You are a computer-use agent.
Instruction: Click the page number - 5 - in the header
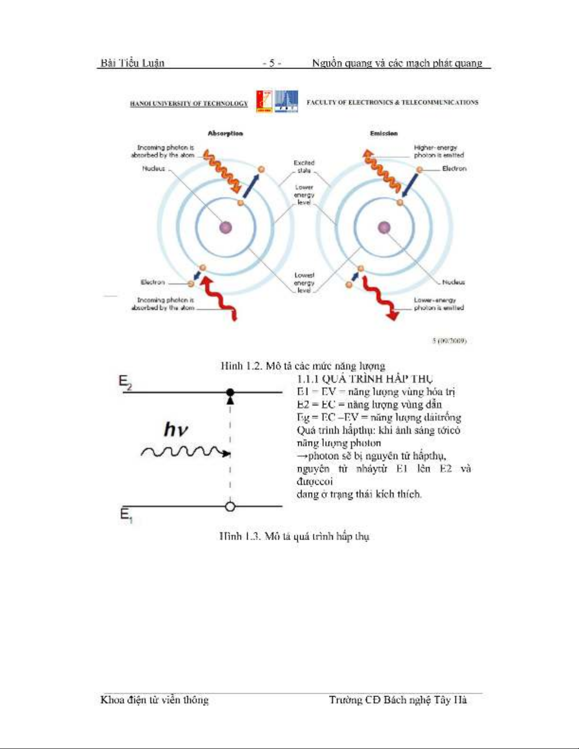point(272,63)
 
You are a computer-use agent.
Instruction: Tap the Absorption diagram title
point(225,134)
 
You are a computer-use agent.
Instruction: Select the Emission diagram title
point(383,134)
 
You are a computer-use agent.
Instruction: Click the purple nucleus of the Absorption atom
point(226,228)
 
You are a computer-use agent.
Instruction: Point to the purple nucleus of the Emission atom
point(384,228)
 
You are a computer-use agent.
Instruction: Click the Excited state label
point(304,166)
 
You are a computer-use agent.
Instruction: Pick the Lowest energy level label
point(304,283)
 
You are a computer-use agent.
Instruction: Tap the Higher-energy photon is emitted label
point(439,151)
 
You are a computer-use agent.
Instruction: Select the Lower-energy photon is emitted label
point(439,304)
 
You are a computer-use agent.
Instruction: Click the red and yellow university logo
point(264,101)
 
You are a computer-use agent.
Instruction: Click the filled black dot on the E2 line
point(230,392)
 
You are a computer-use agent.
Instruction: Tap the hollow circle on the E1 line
point(230,507)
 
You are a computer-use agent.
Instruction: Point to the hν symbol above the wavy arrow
point(176,430)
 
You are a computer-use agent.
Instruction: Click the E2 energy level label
point(125,382)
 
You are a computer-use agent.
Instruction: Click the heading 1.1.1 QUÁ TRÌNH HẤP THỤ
point(364,379)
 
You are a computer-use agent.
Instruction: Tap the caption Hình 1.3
point(294,536)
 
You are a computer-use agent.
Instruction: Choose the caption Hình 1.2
point(302,366)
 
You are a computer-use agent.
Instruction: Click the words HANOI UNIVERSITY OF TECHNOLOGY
point(189,103)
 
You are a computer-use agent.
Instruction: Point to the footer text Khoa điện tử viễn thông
point(155,700)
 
